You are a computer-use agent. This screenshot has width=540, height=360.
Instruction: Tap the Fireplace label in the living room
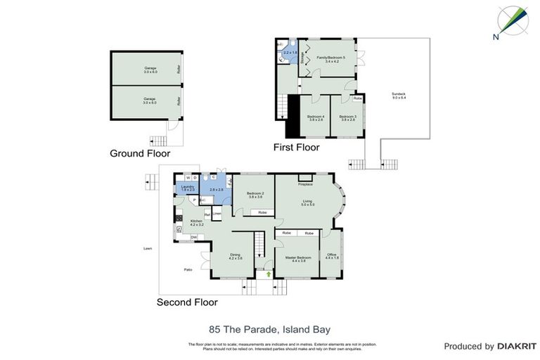(x=304, y=184)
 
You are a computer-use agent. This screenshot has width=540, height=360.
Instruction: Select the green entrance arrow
(x=268, y=265)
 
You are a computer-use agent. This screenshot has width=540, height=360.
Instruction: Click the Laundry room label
(x=187, y=188)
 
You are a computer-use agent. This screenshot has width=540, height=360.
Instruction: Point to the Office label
(x=332, y=256)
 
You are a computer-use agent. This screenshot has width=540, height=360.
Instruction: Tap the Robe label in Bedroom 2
(x=262, y=212)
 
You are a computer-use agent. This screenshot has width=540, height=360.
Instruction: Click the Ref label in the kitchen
(x=207, y=214)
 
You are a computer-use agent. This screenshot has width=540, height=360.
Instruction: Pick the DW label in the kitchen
(x=193, y=237)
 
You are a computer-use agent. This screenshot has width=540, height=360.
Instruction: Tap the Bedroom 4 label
(x=316, y=117)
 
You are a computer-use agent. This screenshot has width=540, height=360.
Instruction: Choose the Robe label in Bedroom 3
(x=357, y=98)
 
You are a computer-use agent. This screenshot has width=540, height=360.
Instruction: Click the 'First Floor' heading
(x=296, y=148)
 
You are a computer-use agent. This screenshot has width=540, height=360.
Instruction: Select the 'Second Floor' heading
(x=187, y=302)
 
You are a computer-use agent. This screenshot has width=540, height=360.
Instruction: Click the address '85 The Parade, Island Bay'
(x=270, y=328)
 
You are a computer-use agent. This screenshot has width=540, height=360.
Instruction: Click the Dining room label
(x=235, y=257)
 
